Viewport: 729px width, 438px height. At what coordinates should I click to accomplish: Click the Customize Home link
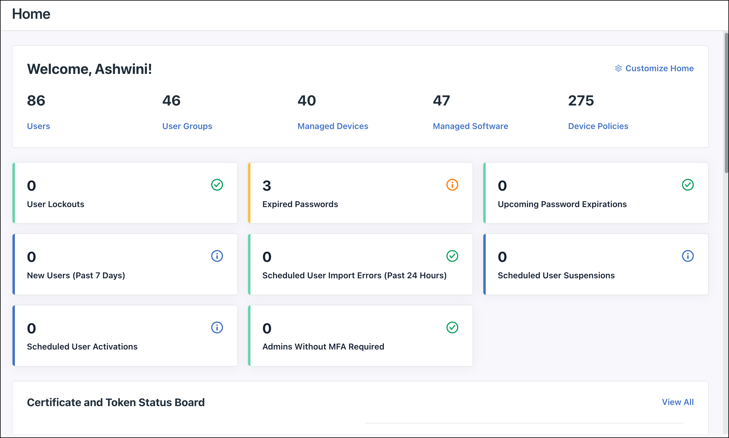click(x=659, y=69)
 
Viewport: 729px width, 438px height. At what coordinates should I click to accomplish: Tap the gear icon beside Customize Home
click(x=618, y=69)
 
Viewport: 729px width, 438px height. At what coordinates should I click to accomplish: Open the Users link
click(x=38, y=126)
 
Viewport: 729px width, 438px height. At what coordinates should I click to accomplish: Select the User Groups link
click(x=187, y=126)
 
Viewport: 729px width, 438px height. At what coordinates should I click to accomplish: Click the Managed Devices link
click(x=333, y=126)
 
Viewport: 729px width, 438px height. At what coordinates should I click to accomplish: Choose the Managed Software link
click(x=470, y=126)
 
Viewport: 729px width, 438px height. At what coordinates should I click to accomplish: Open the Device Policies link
click(x=598, y=126)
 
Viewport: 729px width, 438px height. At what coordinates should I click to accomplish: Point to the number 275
click(x=581, y=101)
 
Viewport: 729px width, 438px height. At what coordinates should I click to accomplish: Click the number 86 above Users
click(x=36, y=101)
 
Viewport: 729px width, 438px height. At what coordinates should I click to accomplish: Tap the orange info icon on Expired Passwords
click(x=452, y=185)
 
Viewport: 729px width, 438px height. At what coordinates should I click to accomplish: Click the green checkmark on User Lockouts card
click(x=217, y=185)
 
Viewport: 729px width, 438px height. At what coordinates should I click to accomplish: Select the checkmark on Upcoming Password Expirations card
click(x=688, y=185)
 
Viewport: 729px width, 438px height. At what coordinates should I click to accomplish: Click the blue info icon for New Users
click(x=217, y=256)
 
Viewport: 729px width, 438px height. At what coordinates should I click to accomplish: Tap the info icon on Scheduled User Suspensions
click(x=688, y=256)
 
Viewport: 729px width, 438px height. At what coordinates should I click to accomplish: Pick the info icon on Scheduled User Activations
click(x=217, y=327)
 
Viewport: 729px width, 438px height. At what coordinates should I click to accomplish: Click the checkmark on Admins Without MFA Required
click(x=452, y=327)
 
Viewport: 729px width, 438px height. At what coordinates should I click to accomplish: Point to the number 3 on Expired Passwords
click(x=267, y=186)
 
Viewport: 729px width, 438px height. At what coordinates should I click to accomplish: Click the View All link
click(x=677, y=402)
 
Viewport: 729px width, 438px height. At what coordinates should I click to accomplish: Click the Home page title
click(x=31, y=14)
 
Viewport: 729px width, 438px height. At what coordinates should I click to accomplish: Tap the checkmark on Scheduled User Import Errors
click(x=452, y=256)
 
